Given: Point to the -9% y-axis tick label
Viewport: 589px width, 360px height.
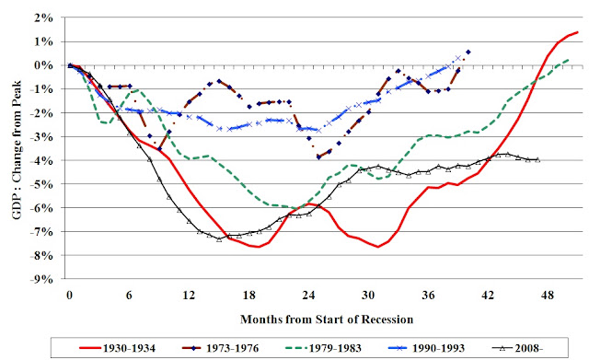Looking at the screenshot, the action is coord(41,279).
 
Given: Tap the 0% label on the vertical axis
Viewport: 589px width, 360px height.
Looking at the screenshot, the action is coord(44,65).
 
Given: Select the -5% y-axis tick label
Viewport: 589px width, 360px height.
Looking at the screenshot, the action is coord(41,184).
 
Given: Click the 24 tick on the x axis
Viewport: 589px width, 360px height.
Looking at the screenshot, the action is coord(308,296).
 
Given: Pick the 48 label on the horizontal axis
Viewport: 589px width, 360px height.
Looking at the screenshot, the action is coord(548,296).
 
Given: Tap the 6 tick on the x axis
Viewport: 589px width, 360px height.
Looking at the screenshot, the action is coord(129,296).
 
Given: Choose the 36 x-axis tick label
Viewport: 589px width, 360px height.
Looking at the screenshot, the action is coord(428,296).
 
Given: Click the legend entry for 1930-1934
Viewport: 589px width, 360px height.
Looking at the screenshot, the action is coord(118,348).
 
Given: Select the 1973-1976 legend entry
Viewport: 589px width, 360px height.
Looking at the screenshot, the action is coord(221,348).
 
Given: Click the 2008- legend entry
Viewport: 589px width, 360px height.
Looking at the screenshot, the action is coord(517,348).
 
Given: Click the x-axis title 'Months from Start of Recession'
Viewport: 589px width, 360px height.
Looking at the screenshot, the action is coord(327,319).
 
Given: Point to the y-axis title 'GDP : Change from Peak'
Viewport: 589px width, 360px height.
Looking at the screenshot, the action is coord(17,150).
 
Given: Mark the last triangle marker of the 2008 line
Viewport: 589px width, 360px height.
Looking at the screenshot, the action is coord(537,159).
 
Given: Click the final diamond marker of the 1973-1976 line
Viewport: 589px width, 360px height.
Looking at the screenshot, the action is coord(468,52).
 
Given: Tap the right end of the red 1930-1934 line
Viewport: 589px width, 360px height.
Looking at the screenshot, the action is coord(578,32).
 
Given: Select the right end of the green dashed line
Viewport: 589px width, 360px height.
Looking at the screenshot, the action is coord(569,60).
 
